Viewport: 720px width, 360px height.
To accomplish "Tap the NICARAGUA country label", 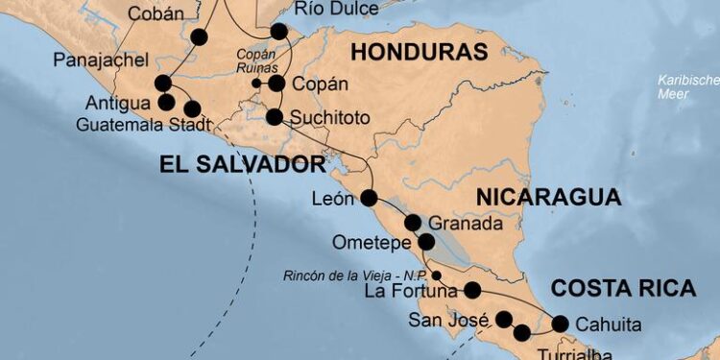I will click(x=547, y=198).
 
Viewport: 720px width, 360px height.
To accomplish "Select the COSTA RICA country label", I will click(x=622, y=287).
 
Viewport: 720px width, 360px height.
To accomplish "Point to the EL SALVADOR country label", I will click(x=243, y=164).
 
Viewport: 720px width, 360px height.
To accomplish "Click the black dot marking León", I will click(x=370, y=199).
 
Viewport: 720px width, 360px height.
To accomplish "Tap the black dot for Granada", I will click(x=413, y=223).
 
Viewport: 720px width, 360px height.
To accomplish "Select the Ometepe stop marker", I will click(x=426, y=241).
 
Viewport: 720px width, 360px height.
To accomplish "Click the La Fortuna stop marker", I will click(x=472, y=289).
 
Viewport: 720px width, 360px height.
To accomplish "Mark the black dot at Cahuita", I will click(x=560, y=324).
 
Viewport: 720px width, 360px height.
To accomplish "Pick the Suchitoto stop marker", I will click(x=275, y=118).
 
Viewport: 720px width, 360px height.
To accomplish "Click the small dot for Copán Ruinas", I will click(x=256, y=84).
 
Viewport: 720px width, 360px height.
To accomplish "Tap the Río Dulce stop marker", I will click(x=279, y=32).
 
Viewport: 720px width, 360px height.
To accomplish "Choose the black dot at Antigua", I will click(x=165, y=101).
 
